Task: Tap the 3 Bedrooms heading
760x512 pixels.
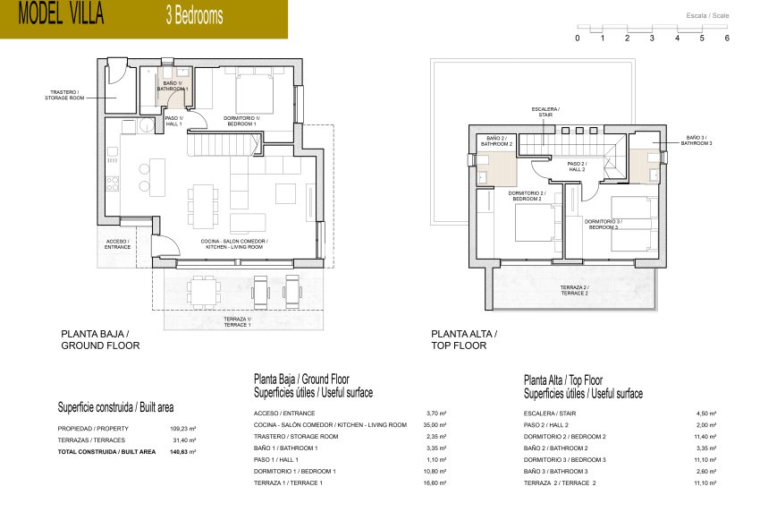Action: click(x=194, y=16)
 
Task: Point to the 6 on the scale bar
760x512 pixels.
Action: click(x=727, y=38)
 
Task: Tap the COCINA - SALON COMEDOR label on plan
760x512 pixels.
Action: click(x=234, y=243)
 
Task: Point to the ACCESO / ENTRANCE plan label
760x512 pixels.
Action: click(x=117, y=243)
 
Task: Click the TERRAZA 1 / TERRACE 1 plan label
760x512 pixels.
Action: click(x=238, y=322)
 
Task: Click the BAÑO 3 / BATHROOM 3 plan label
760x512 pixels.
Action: click(x=697, y=140)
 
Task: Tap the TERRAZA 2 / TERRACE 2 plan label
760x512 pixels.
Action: click(x=574, y=290)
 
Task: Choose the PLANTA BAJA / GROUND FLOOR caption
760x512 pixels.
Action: click(x=100, y=339)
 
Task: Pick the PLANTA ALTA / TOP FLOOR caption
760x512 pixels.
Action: click(x=464, y=339)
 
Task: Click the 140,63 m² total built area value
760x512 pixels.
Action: click(x=182, y=452)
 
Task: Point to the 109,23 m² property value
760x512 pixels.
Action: click(x=182, y=429)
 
